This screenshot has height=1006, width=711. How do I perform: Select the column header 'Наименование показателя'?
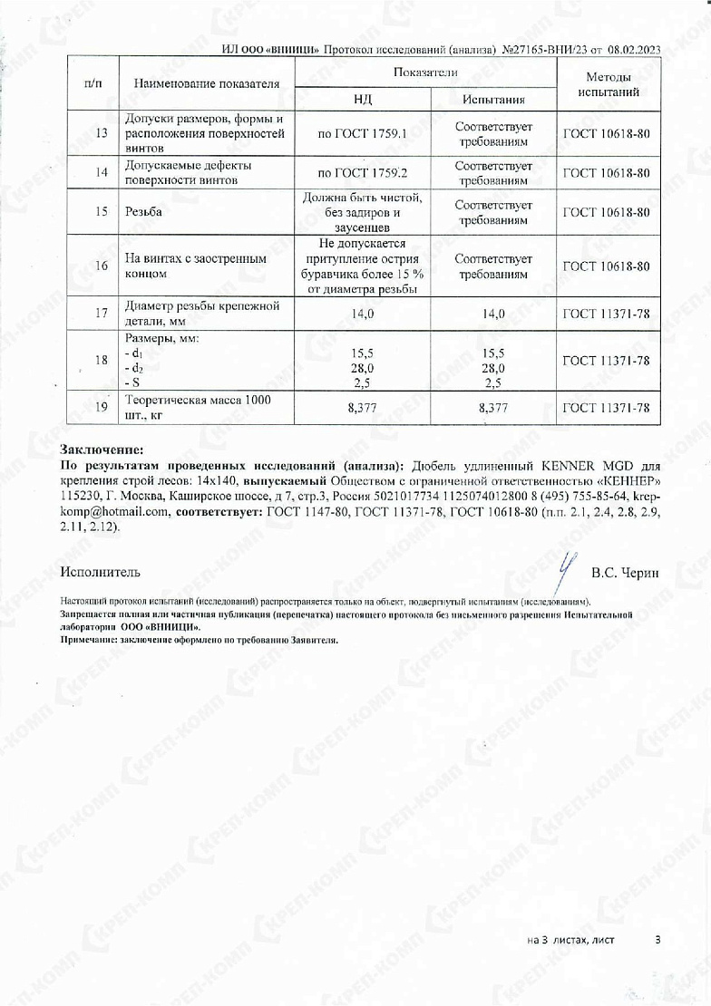(206, 84)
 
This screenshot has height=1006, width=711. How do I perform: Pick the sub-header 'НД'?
(362, 99)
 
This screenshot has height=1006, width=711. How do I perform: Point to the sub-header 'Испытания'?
(493, 99)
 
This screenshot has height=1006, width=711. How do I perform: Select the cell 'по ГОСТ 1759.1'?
(362, 133)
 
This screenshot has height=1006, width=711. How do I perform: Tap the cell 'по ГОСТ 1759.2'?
(362, 172)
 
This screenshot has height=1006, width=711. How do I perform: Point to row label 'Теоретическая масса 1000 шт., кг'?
(197, 407)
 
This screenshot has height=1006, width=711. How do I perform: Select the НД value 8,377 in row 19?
(362, 408)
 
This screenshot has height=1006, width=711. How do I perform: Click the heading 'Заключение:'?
(102, 449)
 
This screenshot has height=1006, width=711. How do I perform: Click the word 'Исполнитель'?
(101, 572)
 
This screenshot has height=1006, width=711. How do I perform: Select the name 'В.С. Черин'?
(625, 573)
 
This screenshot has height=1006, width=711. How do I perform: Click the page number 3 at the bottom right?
(657, 940)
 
